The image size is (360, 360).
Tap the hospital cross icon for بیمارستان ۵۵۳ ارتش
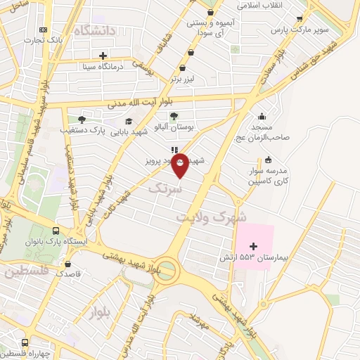point(254,245)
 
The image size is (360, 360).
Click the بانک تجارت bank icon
point(44,30)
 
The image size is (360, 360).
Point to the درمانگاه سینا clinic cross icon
point(103,56)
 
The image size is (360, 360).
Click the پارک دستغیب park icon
point(82,120)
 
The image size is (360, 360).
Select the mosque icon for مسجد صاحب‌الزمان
point(262,117)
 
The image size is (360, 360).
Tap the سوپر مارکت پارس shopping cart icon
point(300,20)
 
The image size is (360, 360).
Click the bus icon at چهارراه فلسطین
point(25,342)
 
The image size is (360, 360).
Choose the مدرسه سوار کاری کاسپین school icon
point(268,159)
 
